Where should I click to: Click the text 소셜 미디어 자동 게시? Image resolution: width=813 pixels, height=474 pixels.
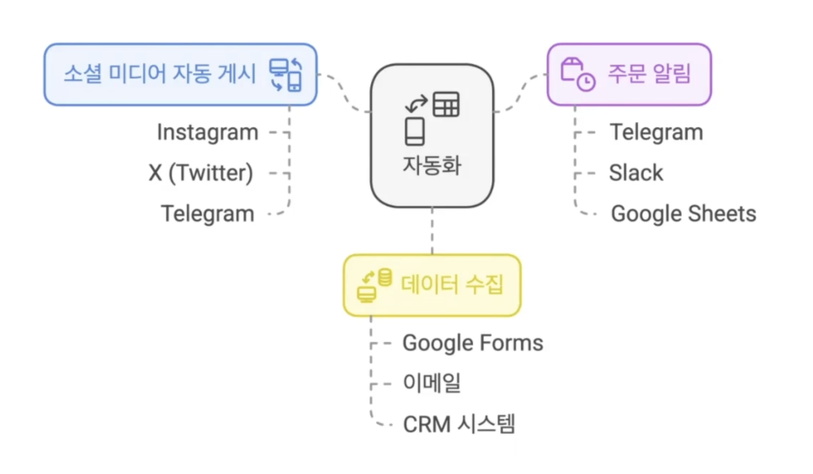pyautogui.click(x=159, y=73)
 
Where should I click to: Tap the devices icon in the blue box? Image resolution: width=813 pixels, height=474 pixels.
pyautogui.click(x=285, y=74)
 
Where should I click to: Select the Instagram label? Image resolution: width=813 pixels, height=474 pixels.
pyautogui.click(x=207, y=132)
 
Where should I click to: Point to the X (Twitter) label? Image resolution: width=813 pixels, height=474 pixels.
pyautogui.click(x=200, y=173)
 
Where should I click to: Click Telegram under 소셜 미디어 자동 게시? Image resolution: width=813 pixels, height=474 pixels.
pyautogui.click(x=207, y=214)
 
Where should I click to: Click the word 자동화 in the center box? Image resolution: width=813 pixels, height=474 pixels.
pyautogui.click(x=432, y=162)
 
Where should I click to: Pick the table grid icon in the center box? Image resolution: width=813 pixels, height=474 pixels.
pyautogui.click(x=446, y=106)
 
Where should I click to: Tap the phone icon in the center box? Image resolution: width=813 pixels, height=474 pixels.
pyautogui.click(x=414, y=131)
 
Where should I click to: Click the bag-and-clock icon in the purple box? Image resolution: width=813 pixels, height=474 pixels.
pyautogui.click(x=577, y=74)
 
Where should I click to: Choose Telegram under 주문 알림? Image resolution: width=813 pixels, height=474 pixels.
pyautogui.click(x=656, y=132)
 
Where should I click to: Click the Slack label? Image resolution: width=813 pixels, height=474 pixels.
pyautogui.click(x=635, y=173)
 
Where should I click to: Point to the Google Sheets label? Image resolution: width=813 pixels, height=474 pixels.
pyautogui.click(x=683, y=214)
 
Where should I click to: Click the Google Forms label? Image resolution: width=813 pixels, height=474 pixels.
pyautogui.click(x=472, y=343)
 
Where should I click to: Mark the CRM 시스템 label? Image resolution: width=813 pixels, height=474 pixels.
pyautogui.click(x=459, y=423)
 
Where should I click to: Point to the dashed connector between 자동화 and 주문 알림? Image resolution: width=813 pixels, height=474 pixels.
pyautogui.click(x=520, y=91)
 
